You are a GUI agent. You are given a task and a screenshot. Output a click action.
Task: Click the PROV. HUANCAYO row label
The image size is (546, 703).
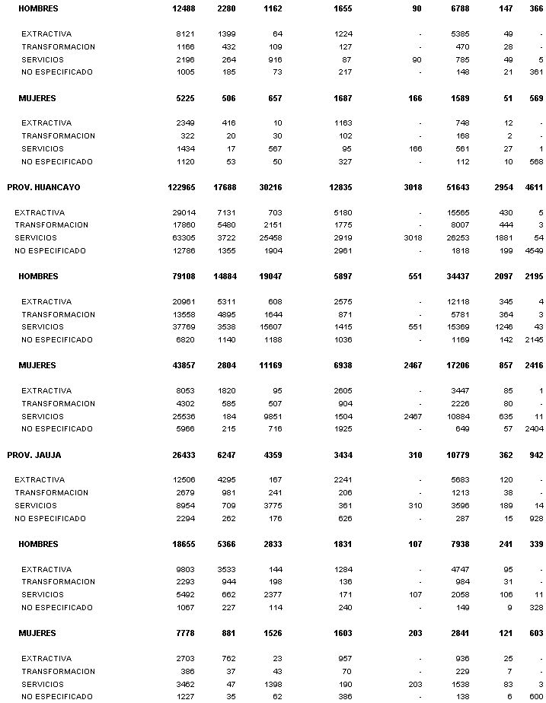pos(43,187)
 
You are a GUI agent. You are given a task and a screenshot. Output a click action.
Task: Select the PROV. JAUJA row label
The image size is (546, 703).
pos(34,455)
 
